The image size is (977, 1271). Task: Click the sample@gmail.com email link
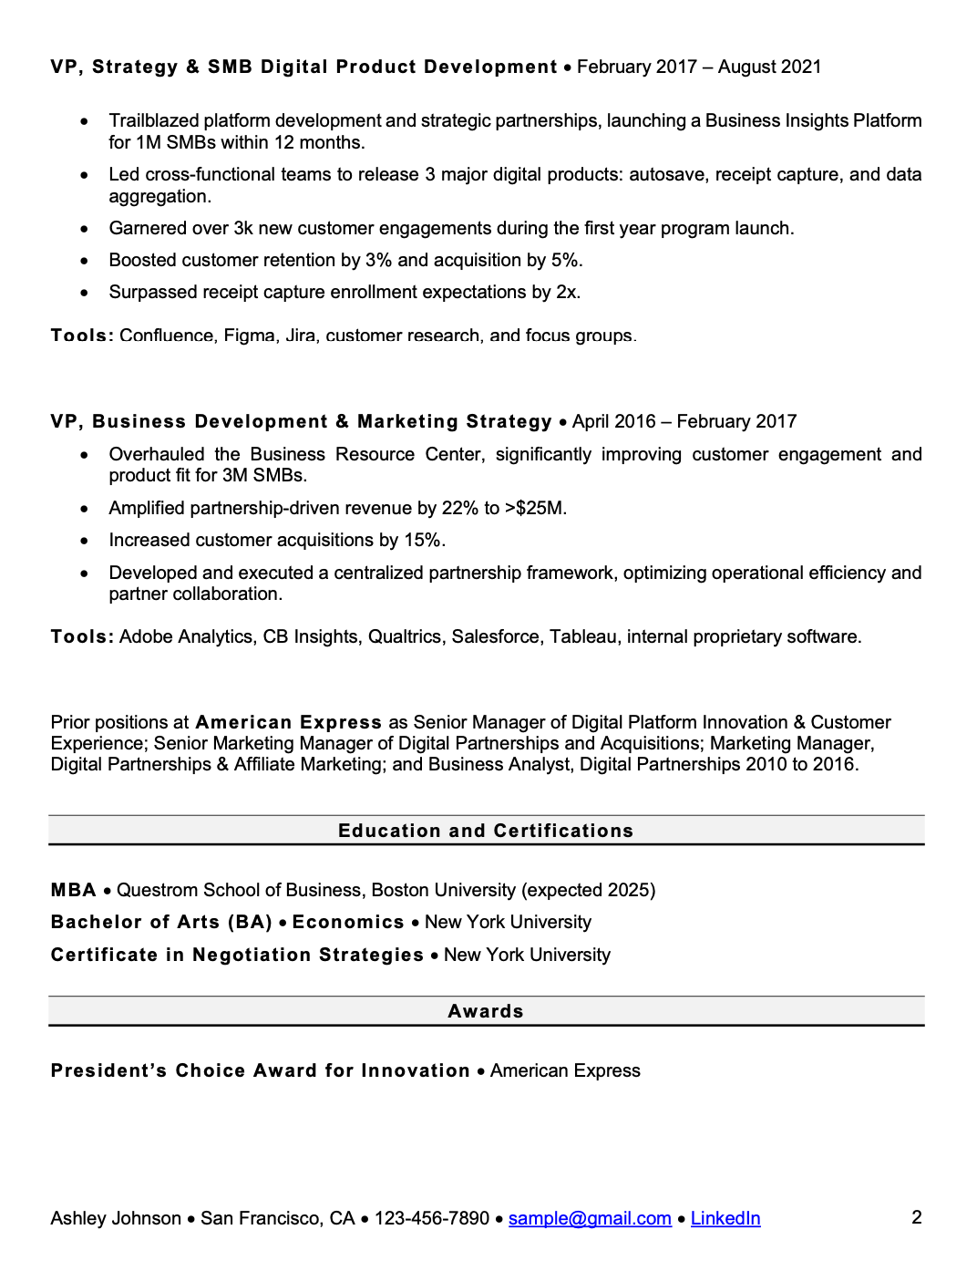pyautogui.click(x=590, y=1218)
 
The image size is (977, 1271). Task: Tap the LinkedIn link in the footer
pyautogui.click(x=725, y=1218)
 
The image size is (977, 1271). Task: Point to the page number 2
pyautogui.click(x=917, y=1217)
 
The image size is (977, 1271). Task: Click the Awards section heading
pyautogui.click(x=486, y=1011)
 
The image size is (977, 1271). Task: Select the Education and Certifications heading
pyautogui.click(x=486, y=831)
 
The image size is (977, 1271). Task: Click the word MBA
pyautogui.click(x=74, y=890)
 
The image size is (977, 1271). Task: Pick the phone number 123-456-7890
pyautogui.click(x=432, y=1218)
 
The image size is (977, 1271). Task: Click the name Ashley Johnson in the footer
pyautogui.click(x=116, y=1218)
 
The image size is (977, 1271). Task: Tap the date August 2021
pyautogui.click(x=769, y=67)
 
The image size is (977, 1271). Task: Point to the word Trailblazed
pyautogui.click(x=153, y=120)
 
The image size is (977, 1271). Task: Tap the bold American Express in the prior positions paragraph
pyautogui.click(x=289, y=722)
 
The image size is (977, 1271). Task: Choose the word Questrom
pyautogui.click(x=157, y=890)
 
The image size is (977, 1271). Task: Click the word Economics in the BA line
pyautogui.click(x=348, y=922)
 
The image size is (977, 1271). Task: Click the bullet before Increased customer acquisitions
pyautogui.click(x=85, y=541)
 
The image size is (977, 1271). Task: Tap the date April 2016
pyautogui.click(x=614, y=421)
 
